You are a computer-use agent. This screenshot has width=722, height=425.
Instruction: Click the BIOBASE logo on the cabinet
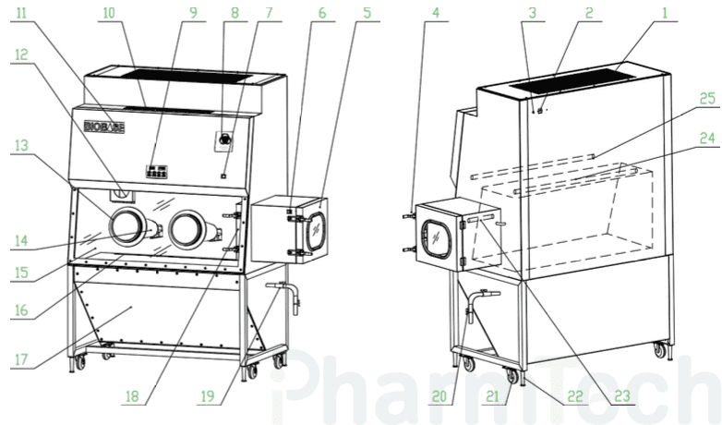pyautogui.click(x=104, y=127)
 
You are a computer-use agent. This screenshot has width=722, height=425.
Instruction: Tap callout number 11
pyautogui.click(x=21, y=12)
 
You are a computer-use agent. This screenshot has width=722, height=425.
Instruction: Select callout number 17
pyautogui.click(x=21, y=359)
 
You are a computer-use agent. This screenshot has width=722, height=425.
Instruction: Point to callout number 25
pyautogui.click(x=707, y=98)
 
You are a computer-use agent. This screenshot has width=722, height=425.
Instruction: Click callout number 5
pyautogui.click(x=367, y=12)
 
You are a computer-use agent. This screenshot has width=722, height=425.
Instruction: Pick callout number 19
pyautogui.click(x=207, y=395)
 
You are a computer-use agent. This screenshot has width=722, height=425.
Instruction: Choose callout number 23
pyautogui.click(x=621, y=395)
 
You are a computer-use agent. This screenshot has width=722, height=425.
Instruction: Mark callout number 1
pyautogui.click(x=665, y=12)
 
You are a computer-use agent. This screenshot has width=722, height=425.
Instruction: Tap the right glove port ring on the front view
pyautogui.click(x=186, y=228)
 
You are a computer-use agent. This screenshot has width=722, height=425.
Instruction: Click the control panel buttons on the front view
pyautogui.click(x=157, y=172)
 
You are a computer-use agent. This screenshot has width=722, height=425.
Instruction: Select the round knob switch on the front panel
pyautogui.click(x=224, y=139)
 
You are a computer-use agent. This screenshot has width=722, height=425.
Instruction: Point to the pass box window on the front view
pyautogui.click(x=316, y=229)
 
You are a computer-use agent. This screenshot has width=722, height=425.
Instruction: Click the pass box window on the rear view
pyautogui.click(x=437, y=238)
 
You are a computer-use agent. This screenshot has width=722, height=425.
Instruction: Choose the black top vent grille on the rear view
pyautogui.click(x=573, y=79)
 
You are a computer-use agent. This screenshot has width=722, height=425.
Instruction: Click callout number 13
pyautogui.click(x=21, y=146)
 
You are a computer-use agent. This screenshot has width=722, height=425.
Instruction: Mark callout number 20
pyautogui.click(x=439, y=395)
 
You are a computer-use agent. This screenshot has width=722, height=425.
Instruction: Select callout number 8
pyautogui.click(x=235, y=12)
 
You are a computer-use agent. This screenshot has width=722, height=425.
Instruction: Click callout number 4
pyautogui.click(x=436, y=12)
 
